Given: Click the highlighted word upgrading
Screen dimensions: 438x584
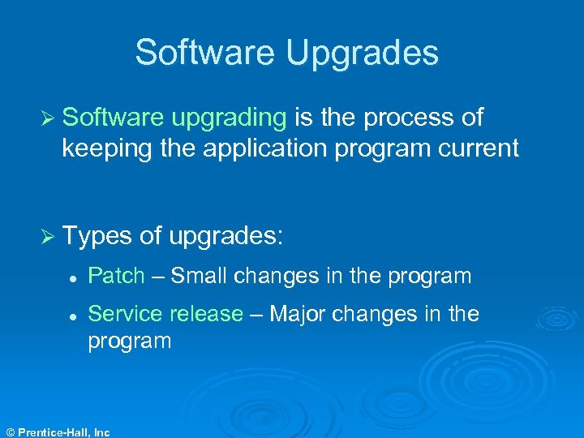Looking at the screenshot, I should coord(230,118).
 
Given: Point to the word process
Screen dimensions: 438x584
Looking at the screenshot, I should coord(407,118).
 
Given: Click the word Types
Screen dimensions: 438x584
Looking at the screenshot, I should coord(97,236).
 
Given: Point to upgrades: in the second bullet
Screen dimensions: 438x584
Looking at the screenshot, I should coord(226,237).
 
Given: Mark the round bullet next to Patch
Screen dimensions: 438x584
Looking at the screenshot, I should coord(73,277).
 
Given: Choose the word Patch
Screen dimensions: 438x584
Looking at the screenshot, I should coord(116,277).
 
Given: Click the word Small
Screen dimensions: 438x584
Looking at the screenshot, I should coord(200,277).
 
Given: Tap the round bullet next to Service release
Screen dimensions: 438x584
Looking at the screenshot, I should coord(73,315).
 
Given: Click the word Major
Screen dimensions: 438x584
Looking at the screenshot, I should coord(298,314).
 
